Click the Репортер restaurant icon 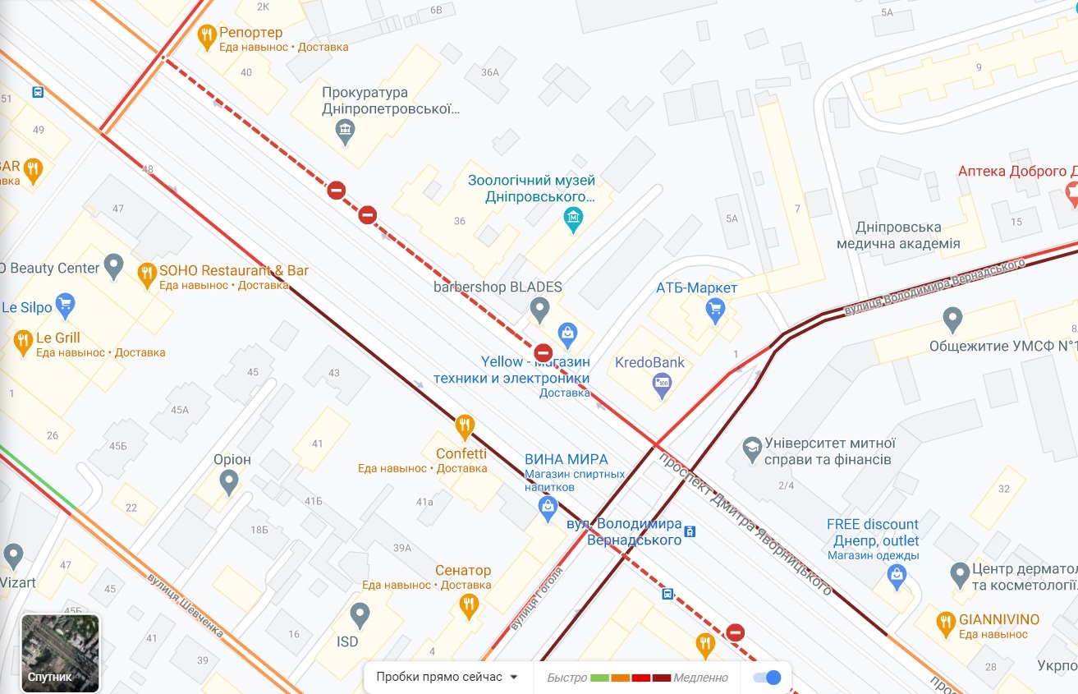pyautogui.click(x=207, y=34)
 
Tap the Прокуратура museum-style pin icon pyautogui.click(x=345, y=130)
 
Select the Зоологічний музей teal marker pyautogui.click(x=573, y=218)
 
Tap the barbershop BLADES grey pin pyautogui.click(x=539, y=310)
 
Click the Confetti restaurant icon pyautogui.click(x=465, y=425)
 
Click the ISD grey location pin pyautogui.click(x=360, y=614)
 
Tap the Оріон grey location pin pyautogui.click(x=228, y=480)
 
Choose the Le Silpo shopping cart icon pyautogui.click(x=65, y=305)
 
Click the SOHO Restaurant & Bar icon pyautogui.click(x=147, y=273)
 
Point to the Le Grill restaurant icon pyautogui.click(x=23, y=341)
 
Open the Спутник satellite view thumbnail pyautogui.click(x=60, y=653)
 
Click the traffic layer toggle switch pyautogui.click(x=767, y=678)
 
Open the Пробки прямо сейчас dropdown pyautogui.click(x=447, y=678)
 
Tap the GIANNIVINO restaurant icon pyautogui.click(x=946, y=623)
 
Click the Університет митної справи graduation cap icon pyautogui.click(x=751, y=448)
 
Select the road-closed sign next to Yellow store pyautogui.click(x=543, y=353)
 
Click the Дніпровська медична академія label pyautogui.click(x=897, y=235)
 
